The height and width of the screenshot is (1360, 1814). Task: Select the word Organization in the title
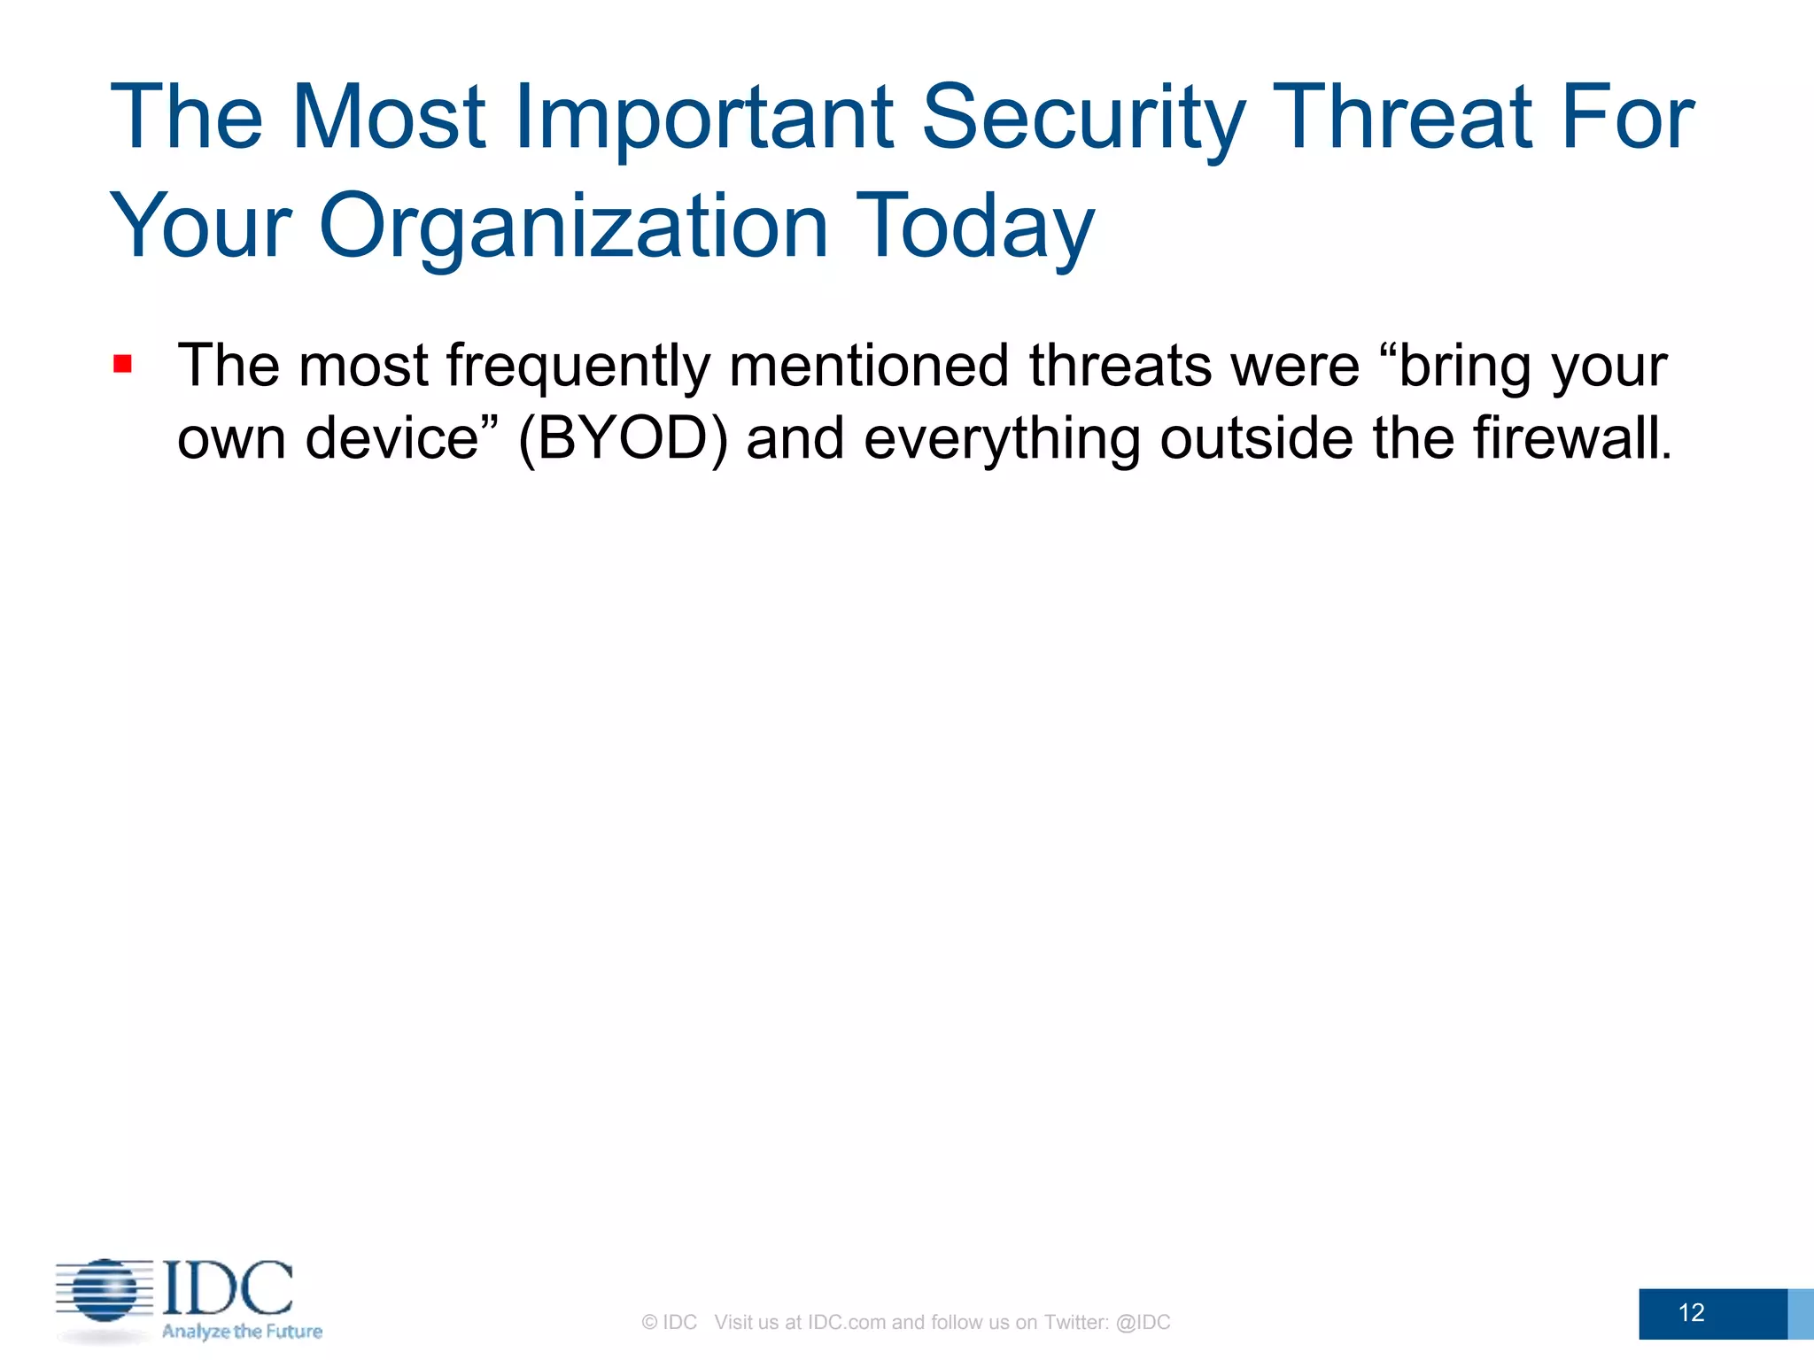click(574, 227)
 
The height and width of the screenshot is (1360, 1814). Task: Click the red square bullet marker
click(123, 364)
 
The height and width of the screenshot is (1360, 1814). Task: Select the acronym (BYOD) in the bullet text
click(623, 438)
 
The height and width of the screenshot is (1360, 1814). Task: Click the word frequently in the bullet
click(578, 366)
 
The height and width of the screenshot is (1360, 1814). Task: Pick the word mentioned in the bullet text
click(869, 366)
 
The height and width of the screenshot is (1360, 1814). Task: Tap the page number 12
click(1691, 1312)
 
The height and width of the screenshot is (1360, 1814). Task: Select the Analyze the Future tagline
click(242, 1332)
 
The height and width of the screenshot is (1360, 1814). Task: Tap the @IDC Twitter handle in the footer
click(1143, 1322)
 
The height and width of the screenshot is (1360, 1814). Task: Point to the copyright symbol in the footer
click(649, 1322)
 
